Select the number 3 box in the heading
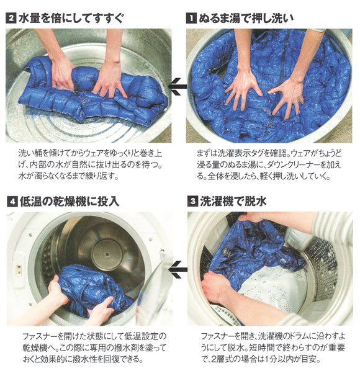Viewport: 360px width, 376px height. pos(192,201)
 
